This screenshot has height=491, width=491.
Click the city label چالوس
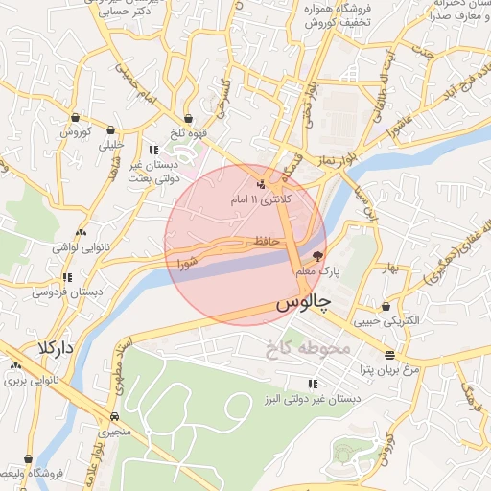[303, 304]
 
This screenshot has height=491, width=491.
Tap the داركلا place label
[57, 345]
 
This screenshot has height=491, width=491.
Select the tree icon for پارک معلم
[318, 256]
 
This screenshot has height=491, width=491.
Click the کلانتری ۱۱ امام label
[261, 200]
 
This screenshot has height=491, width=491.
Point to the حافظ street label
[269, 240]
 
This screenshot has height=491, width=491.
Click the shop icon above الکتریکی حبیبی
[386, 307]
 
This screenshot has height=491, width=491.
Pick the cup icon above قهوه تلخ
[188, 118]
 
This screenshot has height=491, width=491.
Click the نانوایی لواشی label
[82, 247]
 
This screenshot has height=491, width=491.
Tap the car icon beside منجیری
[115, 417]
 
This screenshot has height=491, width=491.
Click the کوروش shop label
[76, 132]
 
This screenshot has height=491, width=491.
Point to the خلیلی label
[111, 145]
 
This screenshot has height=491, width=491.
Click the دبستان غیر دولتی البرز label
[314, 398]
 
